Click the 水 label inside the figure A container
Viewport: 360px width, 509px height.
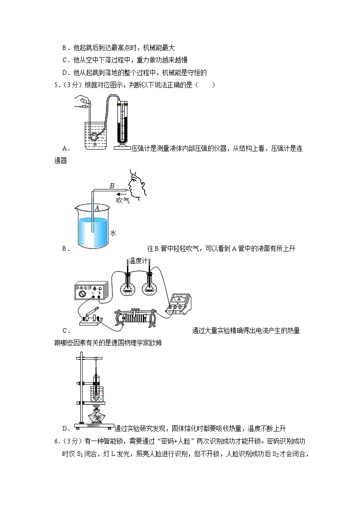95,145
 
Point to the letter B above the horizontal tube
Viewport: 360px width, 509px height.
112,185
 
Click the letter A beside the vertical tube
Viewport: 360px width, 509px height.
97,208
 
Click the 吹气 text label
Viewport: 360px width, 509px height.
122,200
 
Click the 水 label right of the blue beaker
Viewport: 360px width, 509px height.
113,233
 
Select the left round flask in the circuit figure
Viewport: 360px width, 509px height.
128,287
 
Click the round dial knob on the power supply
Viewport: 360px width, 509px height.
83,294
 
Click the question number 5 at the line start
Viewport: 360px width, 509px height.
56,84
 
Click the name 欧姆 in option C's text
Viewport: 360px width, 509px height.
155,343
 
